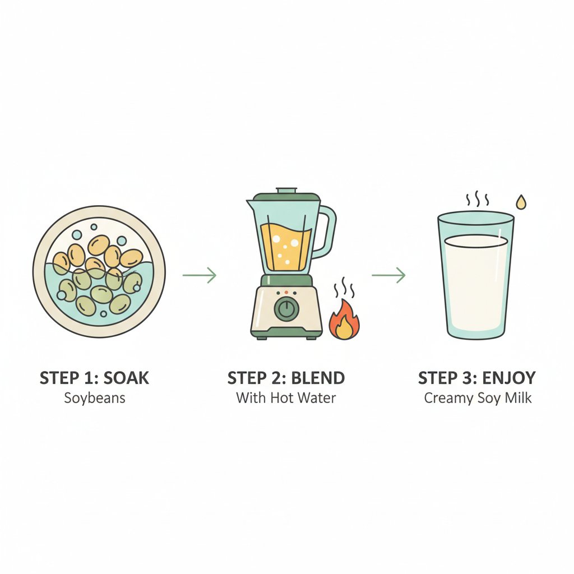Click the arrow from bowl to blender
coord(199,275)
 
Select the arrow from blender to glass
coord(388,275)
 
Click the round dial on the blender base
coord(286,308)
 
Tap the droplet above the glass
coord(521,202)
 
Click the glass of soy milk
coord(476,280)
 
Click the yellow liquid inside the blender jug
coord(286,247)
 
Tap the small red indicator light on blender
coord(286,293)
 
